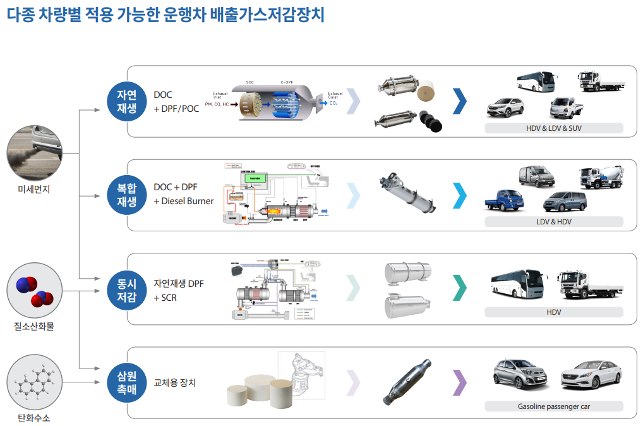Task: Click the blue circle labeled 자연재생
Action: pos(126,101)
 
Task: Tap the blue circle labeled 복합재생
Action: pos(126,195)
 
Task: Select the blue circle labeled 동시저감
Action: pos(126,289)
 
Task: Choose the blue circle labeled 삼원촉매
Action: pos(126,382)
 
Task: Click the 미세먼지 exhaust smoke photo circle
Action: pos(34,154)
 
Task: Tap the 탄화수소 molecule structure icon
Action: pos(34,382)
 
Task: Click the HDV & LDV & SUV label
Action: pos(553,128)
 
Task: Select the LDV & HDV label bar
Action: pos(553,222)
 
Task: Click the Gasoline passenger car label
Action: pos(553,406)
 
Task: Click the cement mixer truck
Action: pos(601,178)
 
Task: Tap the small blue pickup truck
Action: pos(505,200)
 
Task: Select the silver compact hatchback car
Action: pos(520,375)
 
